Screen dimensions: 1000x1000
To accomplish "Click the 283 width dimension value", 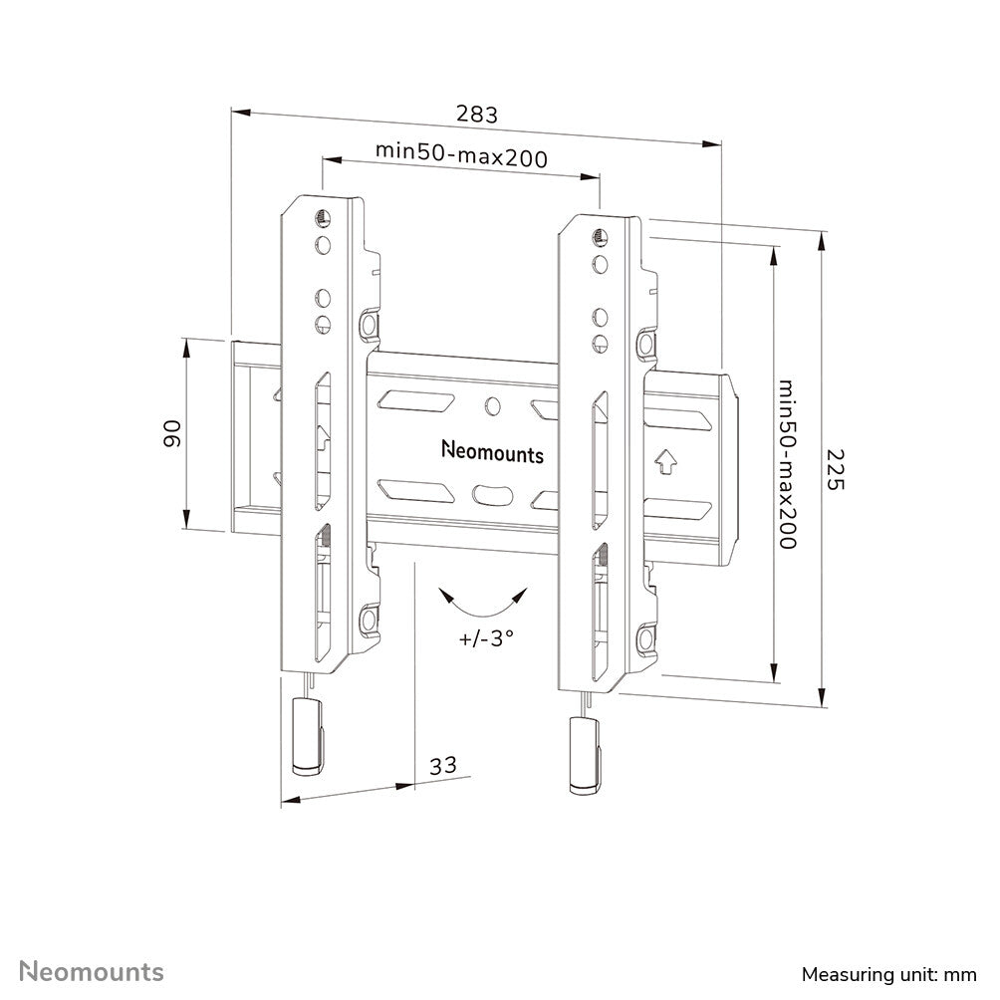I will (x=476, y=114).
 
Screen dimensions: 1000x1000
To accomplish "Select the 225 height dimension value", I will (x=835, y=469).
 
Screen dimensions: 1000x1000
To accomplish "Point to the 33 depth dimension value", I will (x=443, y=765).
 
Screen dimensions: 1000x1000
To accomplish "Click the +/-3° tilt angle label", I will (x=487, y=638).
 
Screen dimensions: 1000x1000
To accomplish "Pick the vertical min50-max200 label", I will (x=788, y=463).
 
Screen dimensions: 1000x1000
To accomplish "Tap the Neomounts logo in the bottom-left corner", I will (x=92, y=971).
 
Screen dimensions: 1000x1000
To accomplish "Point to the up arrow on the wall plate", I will (x=666, y=461).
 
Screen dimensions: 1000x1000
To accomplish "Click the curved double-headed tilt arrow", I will (x=485, y=604).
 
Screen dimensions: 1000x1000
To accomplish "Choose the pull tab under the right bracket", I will (x=585, y=754).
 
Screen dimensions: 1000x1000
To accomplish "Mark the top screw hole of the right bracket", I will (x=600, y=237).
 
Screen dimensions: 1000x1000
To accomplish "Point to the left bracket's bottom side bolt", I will (x=370, y=618).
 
